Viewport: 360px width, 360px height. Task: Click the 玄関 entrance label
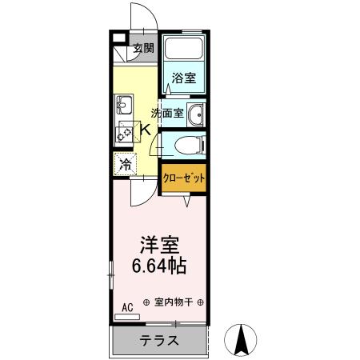[x=144, y=47]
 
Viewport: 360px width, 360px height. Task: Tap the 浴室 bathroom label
[x=184, y=78]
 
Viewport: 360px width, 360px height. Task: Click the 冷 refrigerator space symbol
[x=126, y=166]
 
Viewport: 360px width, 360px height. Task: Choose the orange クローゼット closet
[x=184, y=177]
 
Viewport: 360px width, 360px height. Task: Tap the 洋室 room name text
[x=159, y=243]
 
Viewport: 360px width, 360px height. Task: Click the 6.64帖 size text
[x=159, y=265]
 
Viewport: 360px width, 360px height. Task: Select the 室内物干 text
[x=173, y=302]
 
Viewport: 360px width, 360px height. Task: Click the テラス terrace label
[x=159, y=340]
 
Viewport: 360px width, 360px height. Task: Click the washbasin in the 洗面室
[x=194, y=114]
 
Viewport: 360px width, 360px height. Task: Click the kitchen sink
[x=124, y=105]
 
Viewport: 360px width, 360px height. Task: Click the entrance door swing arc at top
[x=138, y=14]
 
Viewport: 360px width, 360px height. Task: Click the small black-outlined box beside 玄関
[x=118, y=38]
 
